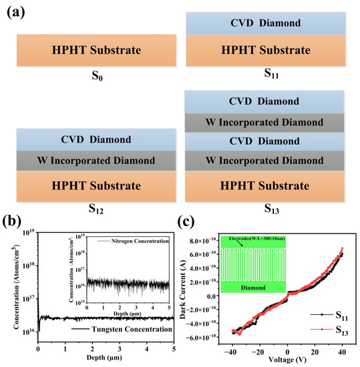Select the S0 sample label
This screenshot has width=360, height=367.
(92, 85)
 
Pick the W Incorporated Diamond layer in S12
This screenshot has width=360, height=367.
(93, 161)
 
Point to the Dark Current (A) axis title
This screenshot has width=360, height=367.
(194, 287)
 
